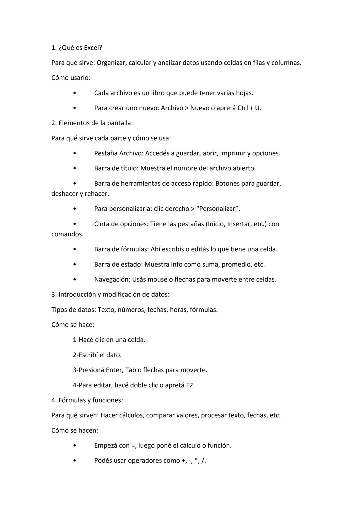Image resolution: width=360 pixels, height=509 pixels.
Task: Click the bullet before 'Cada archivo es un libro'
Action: pos(74,93)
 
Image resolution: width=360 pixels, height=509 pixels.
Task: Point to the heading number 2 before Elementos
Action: pos(54,123)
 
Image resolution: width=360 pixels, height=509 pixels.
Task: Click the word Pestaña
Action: pos(106,153)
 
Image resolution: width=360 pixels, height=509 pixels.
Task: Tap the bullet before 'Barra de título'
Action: pos(74,168)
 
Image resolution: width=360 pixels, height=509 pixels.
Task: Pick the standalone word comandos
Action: pos(67,234)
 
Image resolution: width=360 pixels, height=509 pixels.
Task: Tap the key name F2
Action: pos(190,385)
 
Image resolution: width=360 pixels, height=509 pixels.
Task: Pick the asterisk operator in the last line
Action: pos(196,460)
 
